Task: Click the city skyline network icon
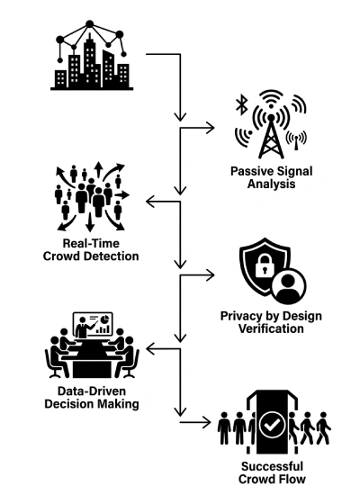(92, 56)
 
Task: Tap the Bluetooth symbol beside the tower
(242, 105)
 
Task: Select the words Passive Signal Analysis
(271, 177)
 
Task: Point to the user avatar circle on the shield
(289, 285)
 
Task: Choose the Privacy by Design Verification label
(271, 322)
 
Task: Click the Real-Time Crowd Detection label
(91, 249)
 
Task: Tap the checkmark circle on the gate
(272, 425)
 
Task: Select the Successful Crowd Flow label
(272, 472)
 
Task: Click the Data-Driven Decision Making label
(92, 397)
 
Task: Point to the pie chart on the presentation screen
(106, 319)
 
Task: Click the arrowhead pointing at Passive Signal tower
(210, 128)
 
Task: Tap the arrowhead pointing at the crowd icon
(151, 202)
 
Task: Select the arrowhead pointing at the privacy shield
(210, 275)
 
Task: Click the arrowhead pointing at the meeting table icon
(151, 349)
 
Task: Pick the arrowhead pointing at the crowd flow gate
(206, 422)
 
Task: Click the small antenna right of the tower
(296, 140)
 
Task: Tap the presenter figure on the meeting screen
(83, 328)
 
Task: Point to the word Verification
(271, 328)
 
